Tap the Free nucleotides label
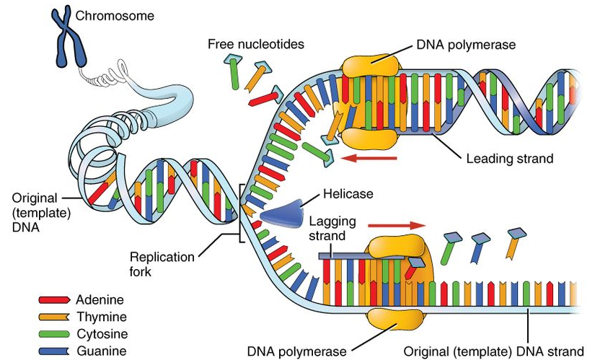[256, 44]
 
